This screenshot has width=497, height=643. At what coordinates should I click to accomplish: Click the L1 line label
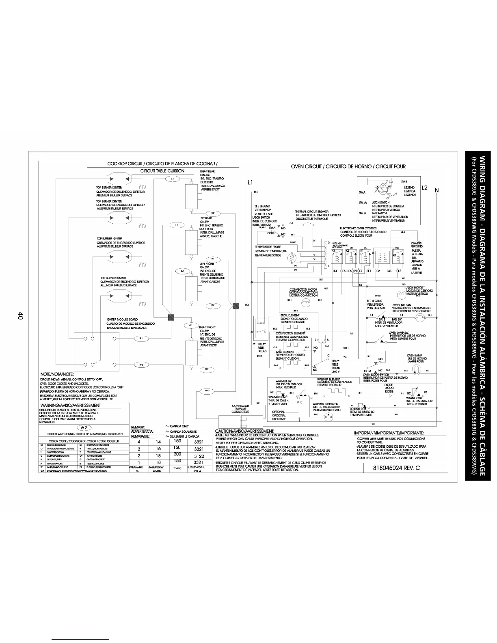[x=251, y=183]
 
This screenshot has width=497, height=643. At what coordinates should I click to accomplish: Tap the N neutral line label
[x=437, y=190]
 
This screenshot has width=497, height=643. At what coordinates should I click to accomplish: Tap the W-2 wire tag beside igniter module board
[x=141, y=365]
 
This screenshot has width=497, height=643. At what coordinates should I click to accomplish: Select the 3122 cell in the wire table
[x=199, y=456]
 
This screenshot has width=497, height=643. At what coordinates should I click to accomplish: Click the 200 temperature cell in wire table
[x=177, y=454]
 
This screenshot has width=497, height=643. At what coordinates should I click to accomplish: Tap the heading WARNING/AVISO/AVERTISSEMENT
[x=70, y=405]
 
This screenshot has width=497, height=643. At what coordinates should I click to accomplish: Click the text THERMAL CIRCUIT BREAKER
[x=311, y=211]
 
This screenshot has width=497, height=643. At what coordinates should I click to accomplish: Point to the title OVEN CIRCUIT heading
[x=348, y=166]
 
